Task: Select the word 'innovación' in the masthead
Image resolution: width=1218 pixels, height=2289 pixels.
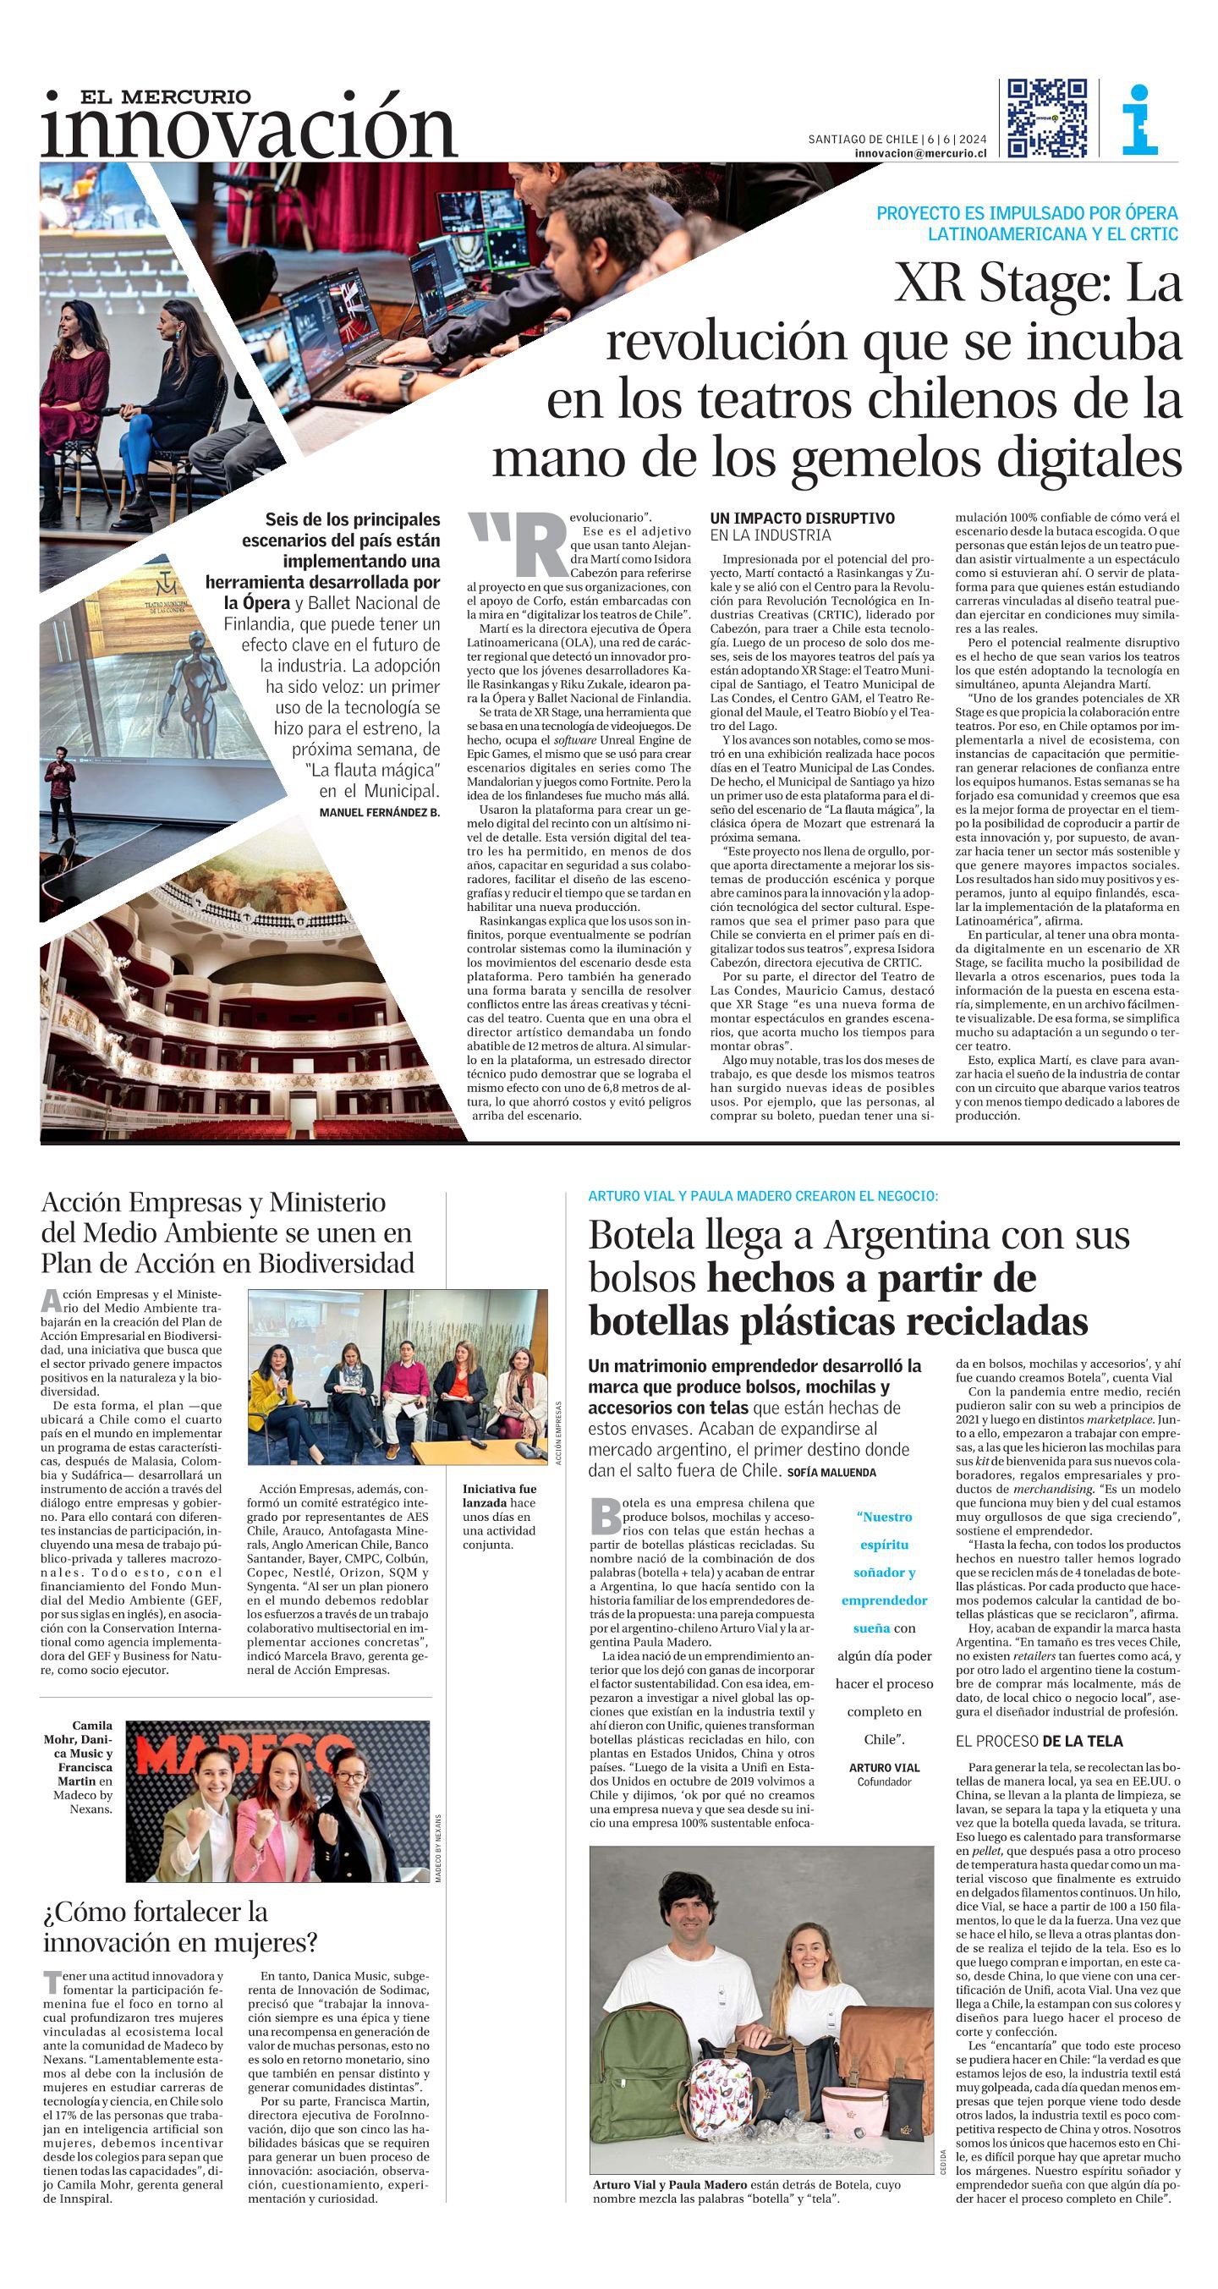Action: [x=249, y=131]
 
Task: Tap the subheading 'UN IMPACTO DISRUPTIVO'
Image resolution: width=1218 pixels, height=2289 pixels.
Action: [x=802, y=518]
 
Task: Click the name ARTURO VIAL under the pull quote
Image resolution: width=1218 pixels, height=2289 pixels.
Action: [x=884, y=1767]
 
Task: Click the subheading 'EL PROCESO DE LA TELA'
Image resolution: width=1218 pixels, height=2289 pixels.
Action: [x=1040, y=1741]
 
